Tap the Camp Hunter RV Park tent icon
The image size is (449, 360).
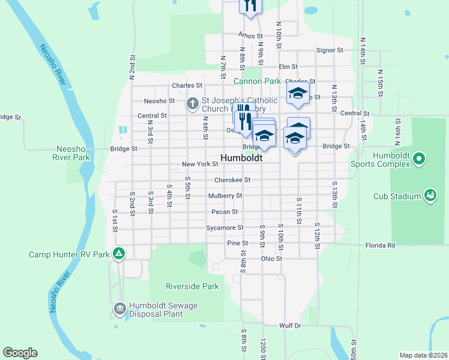click(119, 254)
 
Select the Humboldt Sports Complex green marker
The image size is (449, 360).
click(420, 159)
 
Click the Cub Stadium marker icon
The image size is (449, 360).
click(430, 196)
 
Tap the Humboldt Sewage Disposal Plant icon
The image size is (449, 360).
click(119, 310)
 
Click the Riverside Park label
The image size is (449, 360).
click(193, 286)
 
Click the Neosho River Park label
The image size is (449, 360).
click(73, 153)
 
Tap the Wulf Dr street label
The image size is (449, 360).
click(289, 325)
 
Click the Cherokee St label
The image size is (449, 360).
click(232, 180)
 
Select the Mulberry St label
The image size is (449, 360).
click(225, 196)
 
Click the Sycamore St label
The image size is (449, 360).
click(224, 227)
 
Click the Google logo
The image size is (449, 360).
click(20, 353)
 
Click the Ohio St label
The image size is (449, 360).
click(271, 259)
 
